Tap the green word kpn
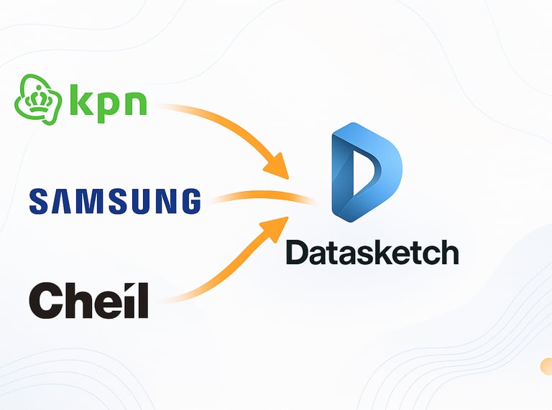(108, 101)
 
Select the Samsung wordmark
(115, 201)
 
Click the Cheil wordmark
(88, 300)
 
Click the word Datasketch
(372, 252)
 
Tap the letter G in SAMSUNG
(189, 201)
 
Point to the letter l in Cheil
(143, 299)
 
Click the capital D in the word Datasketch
(298, 252)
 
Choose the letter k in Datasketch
(378, 252)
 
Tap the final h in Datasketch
(448, 252)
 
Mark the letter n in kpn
(134, 103)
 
